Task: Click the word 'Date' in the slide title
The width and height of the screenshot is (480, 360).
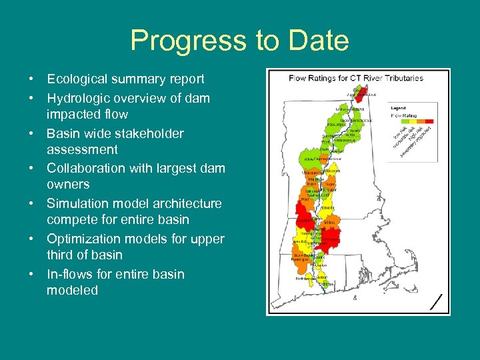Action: pyautogui.click(x=315, y=41)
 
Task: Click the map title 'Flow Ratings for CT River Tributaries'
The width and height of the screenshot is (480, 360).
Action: pyautogui.click(x=356, y=78)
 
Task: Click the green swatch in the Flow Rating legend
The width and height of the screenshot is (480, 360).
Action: pyautogui.click(x=397, y=122)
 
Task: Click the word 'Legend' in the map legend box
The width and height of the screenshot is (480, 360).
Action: pyautogui.click(x=398, y=107)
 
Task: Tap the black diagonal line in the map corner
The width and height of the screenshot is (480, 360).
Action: pyautogui.click(x=437, y=302)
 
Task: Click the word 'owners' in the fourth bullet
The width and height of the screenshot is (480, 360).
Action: pyautogui.click(x=68, y=184)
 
